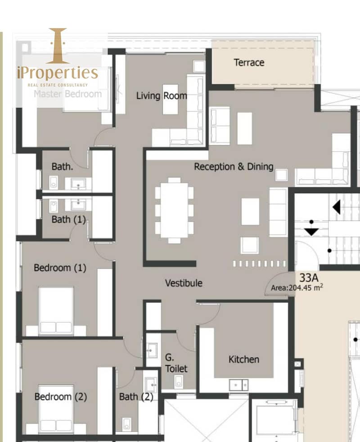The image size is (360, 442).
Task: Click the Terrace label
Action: tap(249, 63)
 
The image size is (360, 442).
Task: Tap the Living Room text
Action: tap(162, 96)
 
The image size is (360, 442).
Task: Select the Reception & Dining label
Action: tap(234, 167)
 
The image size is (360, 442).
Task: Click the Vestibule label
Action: tap(184, 283)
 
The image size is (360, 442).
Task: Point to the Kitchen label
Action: tap(244, 360)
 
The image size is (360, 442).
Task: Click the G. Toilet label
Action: tap(176, 363)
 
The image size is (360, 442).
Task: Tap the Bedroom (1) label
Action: tap(60, 268)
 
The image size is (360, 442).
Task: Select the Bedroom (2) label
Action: tap(60, 397)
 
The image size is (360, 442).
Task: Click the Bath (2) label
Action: tap(136, 397)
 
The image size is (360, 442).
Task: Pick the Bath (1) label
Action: tap(68, 219)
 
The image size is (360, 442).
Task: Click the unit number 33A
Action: tap(309, 278)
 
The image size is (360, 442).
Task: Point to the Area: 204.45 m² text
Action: tap(297, 288)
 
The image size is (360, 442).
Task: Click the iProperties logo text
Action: tap(58, 73)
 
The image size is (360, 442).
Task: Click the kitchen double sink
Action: tap(238, 385)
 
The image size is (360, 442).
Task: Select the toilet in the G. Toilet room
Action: tap(179, 382)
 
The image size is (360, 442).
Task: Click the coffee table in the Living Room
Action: tap(170, 99)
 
